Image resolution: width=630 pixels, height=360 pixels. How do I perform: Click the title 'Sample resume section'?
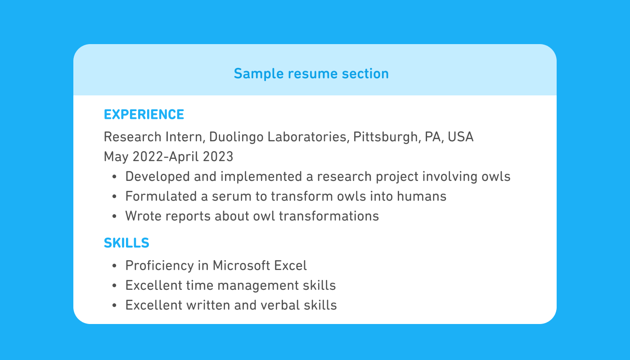311,73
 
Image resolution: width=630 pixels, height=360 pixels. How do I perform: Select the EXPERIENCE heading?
144,115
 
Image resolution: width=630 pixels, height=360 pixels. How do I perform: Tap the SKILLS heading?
126,243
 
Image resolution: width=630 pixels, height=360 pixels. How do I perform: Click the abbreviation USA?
461,137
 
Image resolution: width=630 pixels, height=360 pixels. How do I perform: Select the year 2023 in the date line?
218,157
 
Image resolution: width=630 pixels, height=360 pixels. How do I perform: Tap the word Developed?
157,176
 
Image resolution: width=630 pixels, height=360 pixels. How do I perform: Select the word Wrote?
143,216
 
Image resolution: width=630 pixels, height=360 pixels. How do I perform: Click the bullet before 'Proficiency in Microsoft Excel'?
115,266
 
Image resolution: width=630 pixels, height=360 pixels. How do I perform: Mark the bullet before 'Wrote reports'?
115,216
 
